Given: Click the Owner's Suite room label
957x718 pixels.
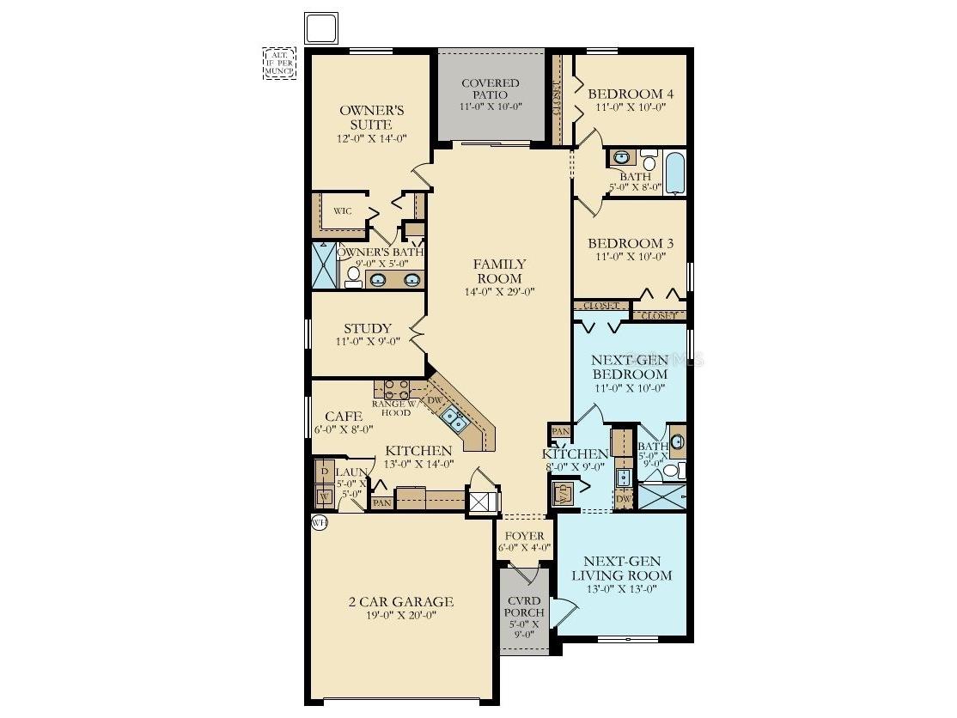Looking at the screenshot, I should click(x=371, y=118).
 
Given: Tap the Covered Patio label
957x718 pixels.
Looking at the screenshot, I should click(x=491, y=88).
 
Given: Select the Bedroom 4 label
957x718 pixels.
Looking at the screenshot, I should click(x=631, y=94).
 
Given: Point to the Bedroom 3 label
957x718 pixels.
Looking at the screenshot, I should click(x=631, y=244).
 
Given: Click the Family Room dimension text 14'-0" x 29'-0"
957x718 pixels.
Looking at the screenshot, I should click(x=499, y=291).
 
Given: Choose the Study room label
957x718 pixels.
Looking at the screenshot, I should click(x=368, y=329).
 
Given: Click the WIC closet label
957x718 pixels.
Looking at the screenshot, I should click(x=343, y=211).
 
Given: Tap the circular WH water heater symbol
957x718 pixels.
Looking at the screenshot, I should click(x=320, y=523).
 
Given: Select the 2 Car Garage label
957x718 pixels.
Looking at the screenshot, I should click(x=401, y=601).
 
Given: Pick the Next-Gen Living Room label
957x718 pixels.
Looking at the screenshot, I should click(x=622, y=569).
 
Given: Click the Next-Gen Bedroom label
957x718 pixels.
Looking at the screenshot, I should click(x=630, y=367).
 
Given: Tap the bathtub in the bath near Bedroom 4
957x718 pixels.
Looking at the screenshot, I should click(x=675, y=173).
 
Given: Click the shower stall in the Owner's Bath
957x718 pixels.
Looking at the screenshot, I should click(x=326, y=265).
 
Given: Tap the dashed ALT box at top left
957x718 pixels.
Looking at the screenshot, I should click(x=279, y=64).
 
